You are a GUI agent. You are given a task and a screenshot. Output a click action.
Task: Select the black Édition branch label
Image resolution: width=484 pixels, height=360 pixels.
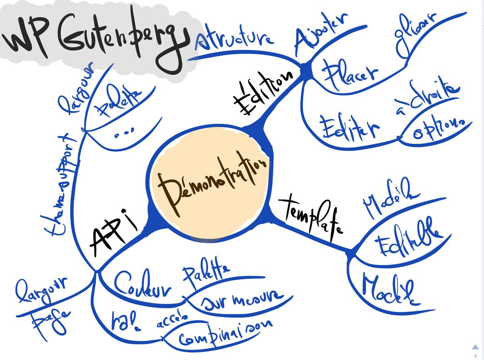tap(262, 94)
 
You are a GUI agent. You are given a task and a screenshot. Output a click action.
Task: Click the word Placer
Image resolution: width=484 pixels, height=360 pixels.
tap(351, 75)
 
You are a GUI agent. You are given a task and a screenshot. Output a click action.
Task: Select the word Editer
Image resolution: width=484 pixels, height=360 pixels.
tap(349, 127)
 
